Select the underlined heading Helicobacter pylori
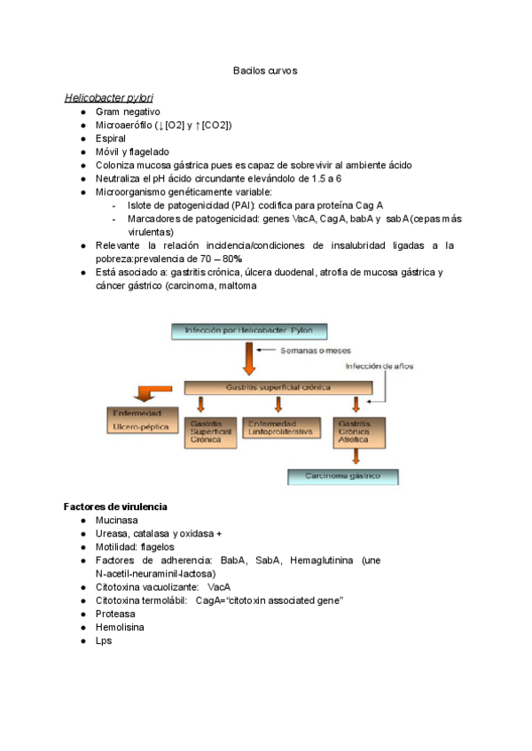[114, 97]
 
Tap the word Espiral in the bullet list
[110, 139]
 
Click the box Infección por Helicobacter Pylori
[250, 332]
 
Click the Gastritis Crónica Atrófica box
[356, 431]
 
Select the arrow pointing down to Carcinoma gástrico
[356, 457]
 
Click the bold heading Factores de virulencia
[116, 507]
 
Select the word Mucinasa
[118, 521]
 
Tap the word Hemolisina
[120, 627]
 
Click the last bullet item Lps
[104, 640]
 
